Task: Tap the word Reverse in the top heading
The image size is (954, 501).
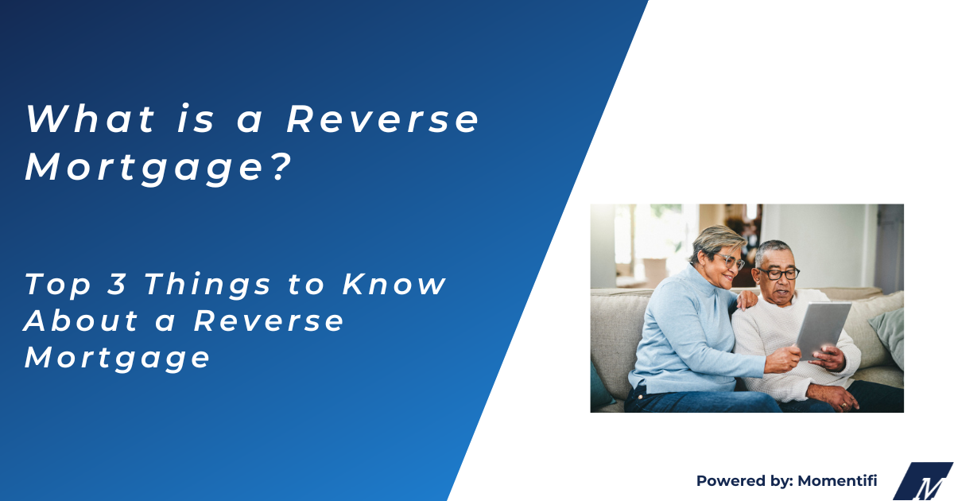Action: (x=383, y=119)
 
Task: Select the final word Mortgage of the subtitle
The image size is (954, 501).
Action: (x=118, y=358)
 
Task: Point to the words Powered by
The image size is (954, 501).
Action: (x=735, y=480)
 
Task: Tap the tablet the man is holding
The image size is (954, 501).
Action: (x=824, y=328)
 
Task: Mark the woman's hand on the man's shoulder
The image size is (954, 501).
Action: (x=747, y=300)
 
